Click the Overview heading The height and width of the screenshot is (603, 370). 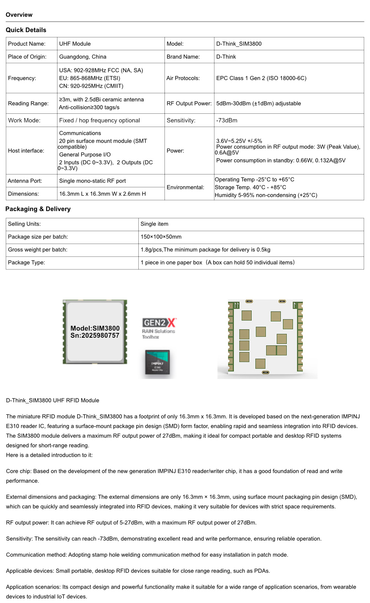[x=19, y=15]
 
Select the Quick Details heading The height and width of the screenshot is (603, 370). [x=26, y=30]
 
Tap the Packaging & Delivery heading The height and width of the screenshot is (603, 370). [x=38, y=209]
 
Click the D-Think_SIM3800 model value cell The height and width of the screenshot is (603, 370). [x=238, y=44]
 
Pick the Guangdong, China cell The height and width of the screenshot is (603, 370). [x=82, y=57]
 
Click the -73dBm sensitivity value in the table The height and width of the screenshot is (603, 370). [x=226, y=120]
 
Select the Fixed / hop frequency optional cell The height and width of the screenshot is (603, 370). [x=99, y=120]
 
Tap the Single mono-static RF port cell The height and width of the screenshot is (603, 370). [x=92, y=181]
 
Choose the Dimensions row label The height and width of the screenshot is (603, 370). [x=23, y=194]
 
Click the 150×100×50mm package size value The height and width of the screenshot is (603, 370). [x=161, y=237]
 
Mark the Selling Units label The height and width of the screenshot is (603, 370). [x=24, y=224]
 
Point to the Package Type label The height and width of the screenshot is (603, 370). [x=26, y=263]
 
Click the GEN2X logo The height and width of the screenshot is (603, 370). [x=159, y=323]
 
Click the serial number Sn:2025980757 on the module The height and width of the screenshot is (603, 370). [x=95, y=336]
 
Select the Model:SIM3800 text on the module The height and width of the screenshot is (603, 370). [x=95, y=328]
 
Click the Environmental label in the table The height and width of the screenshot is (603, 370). [x=185, y=187]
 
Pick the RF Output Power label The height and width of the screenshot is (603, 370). [x=189, y=103]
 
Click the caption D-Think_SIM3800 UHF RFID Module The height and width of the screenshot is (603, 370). [x=52, y=400]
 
